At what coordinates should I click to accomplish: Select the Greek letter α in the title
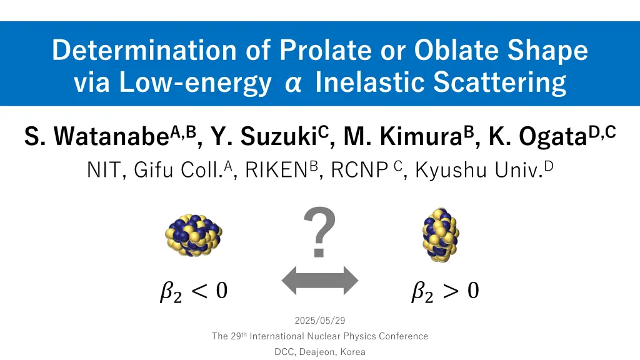pos(293,83)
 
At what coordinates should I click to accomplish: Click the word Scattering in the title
pos(499,82)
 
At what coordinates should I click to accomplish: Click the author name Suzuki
pos(278,136)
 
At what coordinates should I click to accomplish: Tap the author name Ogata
pos(553,137)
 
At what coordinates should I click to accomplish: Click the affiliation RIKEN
pos(276,170)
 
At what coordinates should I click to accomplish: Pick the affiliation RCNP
pos(359,170)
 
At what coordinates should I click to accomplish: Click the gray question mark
pos(319,232)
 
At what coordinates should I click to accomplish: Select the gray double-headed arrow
pos(320,281)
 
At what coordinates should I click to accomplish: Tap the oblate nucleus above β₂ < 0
pos(194,235)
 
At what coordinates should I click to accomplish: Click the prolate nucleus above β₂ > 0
pos(441,235)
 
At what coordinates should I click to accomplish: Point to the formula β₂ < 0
pos(194,291)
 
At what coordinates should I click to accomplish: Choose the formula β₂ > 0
pos(445,291)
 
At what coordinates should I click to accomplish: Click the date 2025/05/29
pos(320,321)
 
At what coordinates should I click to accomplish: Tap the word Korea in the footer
pos(353,352)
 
